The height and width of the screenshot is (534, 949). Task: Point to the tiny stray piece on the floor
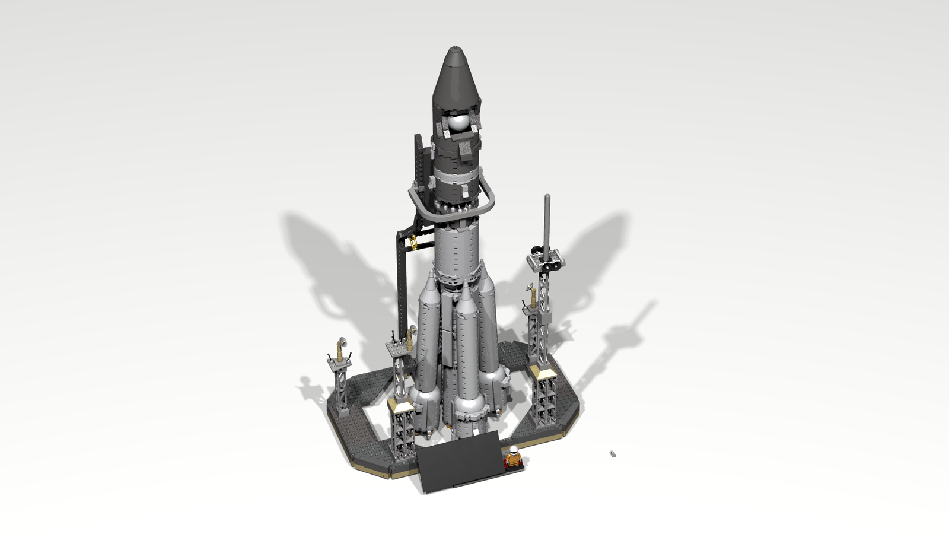click(x=613, y=454)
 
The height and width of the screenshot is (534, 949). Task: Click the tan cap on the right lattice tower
click(x=542, y=370)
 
